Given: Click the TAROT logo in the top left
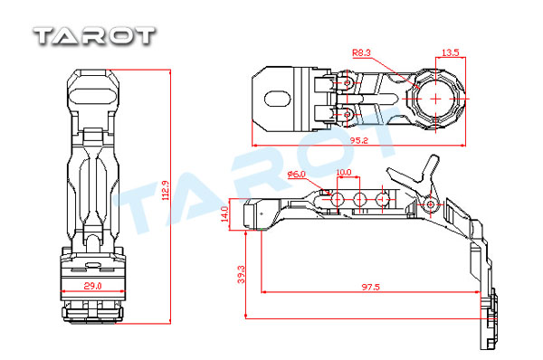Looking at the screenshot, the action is click(94, 36).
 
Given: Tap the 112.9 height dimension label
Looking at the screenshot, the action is click(166, 190).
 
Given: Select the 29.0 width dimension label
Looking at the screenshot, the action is click(93, 286).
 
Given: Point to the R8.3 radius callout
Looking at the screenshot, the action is click(361, 52).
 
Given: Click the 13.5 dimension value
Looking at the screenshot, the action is click(451, 52).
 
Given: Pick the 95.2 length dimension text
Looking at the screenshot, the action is click(358, 140).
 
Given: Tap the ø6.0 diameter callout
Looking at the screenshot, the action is click(297, 174).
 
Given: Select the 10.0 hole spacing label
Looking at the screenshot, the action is click(344, 172).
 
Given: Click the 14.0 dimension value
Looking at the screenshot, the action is click(224, 214).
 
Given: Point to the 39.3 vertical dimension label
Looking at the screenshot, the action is click(241, 274).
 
